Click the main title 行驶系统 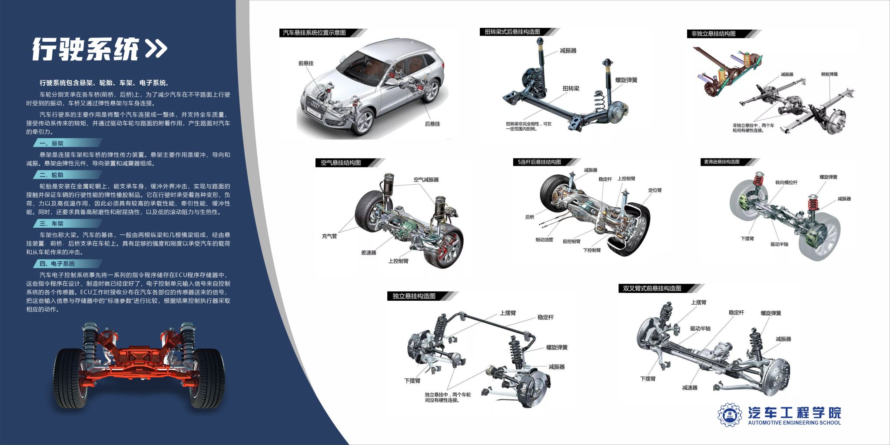click(x=85, y=49)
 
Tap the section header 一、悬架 click(x=51, y=143)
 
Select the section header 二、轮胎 click(x=51, y=175)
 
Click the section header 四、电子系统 click(x=57, y=264)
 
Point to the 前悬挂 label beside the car click(x=306, y=63)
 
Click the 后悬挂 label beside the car click(x=432, y=124)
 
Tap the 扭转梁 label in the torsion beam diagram click(x=571, y=89)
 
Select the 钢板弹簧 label click(x=829, y=74)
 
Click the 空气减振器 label click(x=426, y=179)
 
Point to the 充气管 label click(x=329, y=236)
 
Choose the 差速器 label click(x=369, y=252)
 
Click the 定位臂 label click(x=654, y=190)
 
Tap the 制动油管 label click(x=544, y=240)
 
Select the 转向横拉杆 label click(x=786, y=183)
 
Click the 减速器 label click(x=689, y=388)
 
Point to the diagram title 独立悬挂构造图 click(x=414, y=296)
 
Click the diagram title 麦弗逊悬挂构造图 click(x=721, y=162)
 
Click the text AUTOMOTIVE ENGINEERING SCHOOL click(x=794, y=422)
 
